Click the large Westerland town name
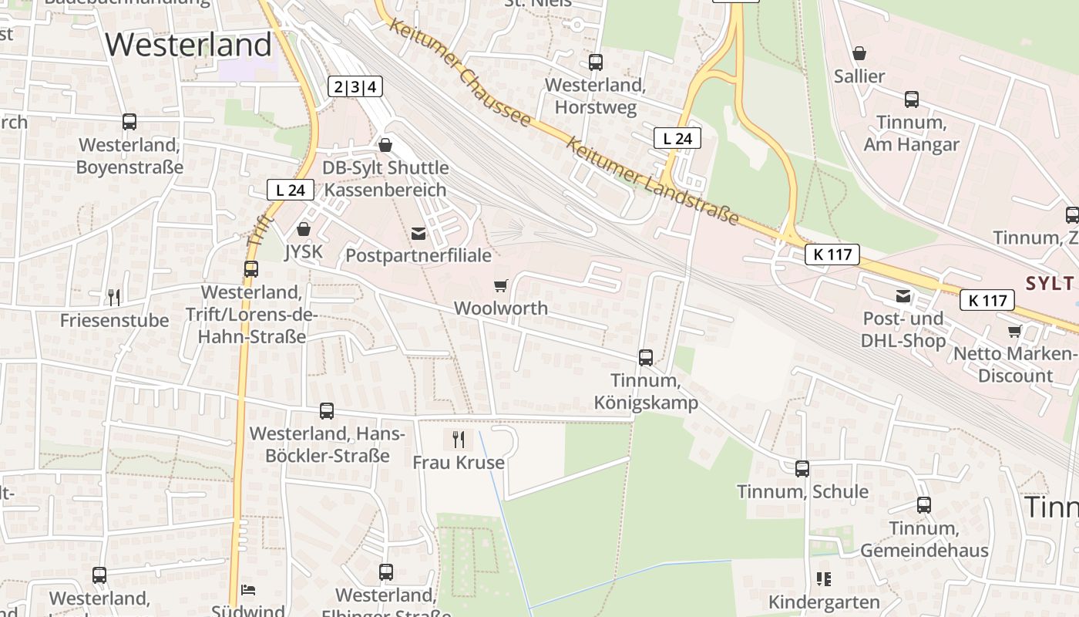pyautogui.click(x=189, y=45)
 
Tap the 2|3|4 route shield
pyautogui.click(x=355, y=86)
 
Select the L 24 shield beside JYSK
pyautogui.click(x=291, y=190)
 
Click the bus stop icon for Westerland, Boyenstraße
pyautogui.click(x=129, y=122)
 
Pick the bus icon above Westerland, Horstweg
pyautogui.click(x=596, y=62)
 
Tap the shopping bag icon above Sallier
pyautogui.click(x=859, y=53)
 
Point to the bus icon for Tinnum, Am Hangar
pyautogui.click(x=912, y=99)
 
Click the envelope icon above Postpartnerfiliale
pyautogui.click(x=418, y=234)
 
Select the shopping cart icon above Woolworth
pyautogui.click(x=500, y=286)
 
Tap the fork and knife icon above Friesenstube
pyautogui.click(x=114, y=297)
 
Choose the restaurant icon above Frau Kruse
pyautogui.click(x=459, y=440)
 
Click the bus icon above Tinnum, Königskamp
pyautogui.click(x=646, y=358)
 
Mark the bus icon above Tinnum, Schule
pyautogui.click(x=802, y=469)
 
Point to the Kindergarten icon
pyautogui.click(x=823, y=579)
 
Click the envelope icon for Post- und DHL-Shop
pyautogui.click(x=903, y=296)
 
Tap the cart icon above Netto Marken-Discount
pyautogui.click(x=1015, y=331)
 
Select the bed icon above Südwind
pyautogui.click(x=248, y=590)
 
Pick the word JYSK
pyautogui.click(x=304, y=251)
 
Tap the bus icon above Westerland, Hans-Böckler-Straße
pyautogui.click(x=327, y=411)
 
